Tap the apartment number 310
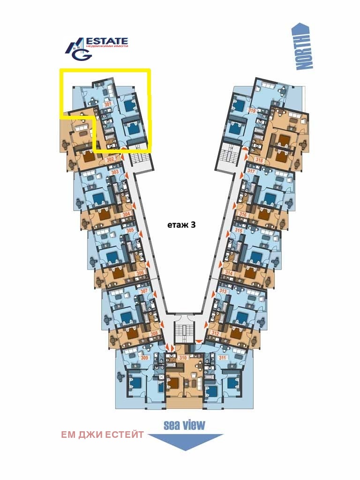183,358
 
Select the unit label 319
252,111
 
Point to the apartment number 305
130,230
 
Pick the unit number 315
239,230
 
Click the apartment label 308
154,334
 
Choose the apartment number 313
223,291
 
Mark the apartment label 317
251,171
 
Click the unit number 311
223,358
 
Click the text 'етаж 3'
181,225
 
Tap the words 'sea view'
184,425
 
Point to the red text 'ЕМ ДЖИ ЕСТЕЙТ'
103,435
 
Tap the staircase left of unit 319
229,152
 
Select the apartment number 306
140,273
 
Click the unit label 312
216,333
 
